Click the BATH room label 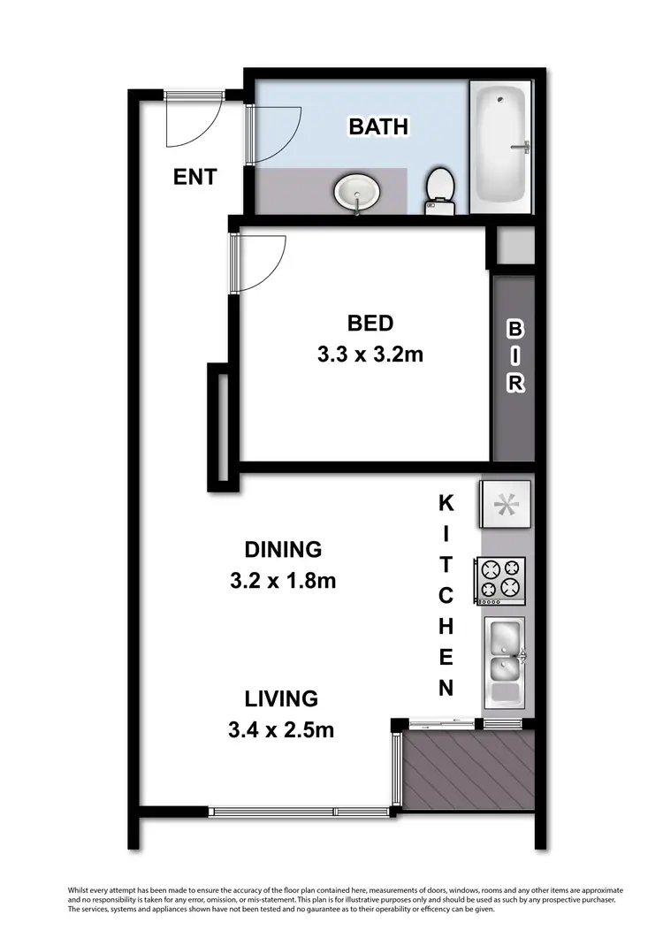tap(378, 126)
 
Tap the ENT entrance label tap(194, 177)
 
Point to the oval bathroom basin tap(357, 190)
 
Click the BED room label tap(370, 323)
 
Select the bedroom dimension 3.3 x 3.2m tap(370, 355)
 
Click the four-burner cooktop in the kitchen tap(501, 580)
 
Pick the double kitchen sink tap(504, 652)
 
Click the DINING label tap(282, 549)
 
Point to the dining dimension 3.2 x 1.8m tap(282, 582)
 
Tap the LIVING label tap(282, 698)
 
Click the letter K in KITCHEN tap(446, 504)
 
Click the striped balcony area tap(469, 769)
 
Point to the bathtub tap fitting tap(523, 146)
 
